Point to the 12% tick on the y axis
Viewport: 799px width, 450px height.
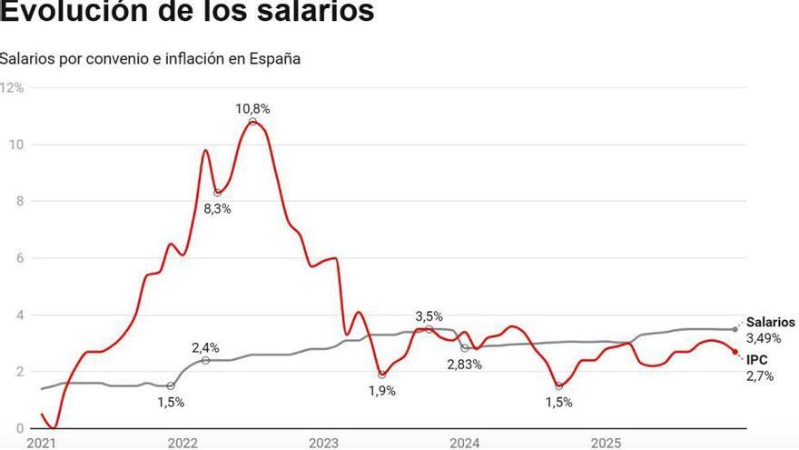coord(12,88)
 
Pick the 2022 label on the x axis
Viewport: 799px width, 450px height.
coord(182,443)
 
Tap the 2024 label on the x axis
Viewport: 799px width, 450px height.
coord(465,443)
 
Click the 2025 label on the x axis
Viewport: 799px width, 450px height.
coord(607,443)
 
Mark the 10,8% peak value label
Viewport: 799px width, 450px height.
coord(252,108)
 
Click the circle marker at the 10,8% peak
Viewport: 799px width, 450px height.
coord(252,122)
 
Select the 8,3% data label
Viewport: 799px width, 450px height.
coord(216,208)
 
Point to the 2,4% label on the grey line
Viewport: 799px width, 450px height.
coord(205,347)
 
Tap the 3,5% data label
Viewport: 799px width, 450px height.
coord(429,316)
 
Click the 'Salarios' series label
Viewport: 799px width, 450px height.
coord(770,323)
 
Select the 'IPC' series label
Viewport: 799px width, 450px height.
coord(757,360)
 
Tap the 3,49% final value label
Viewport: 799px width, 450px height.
coord(763,338)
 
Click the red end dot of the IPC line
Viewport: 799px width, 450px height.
coord(735,352)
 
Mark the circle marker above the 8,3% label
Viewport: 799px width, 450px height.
coord(217,193)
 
